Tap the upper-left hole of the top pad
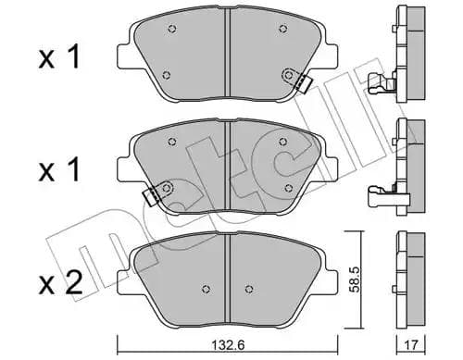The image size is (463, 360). click(x=172, y=30)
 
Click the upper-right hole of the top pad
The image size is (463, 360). click(x=282, y=30)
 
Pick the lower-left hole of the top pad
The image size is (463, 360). click(x=165, y=76)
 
